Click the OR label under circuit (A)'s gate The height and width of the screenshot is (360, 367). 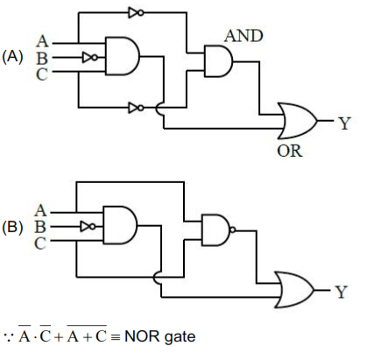pos(289,151)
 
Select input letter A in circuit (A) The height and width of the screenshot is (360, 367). pos(42,39)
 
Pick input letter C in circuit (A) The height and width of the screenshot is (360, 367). pos(42,71)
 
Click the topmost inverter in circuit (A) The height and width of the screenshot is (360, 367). pos(135,13)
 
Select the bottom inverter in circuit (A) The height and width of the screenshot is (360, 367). pos(135,109)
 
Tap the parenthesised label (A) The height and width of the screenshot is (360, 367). pos(14,55)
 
